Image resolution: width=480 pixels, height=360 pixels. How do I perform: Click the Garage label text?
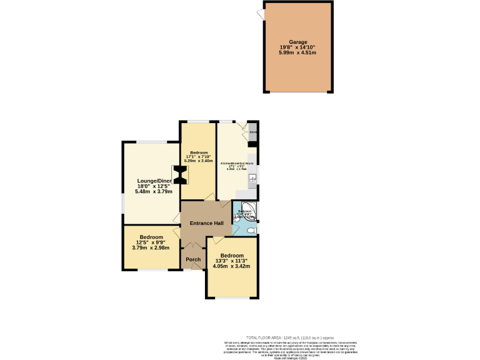click(x=297, y=42)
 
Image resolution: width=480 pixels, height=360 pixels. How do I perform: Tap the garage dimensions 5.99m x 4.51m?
click(x=297, y=52)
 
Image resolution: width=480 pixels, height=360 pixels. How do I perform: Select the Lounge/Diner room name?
click(x=154, y=181)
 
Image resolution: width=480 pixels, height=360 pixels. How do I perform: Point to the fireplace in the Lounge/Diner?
click(x=179, y=174)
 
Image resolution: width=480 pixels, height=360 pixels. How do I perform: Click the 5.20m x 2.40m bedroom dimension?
click(x=199, y=161)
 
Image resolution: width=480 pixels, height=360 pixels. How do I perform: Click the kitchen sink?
click(x=252, y=182)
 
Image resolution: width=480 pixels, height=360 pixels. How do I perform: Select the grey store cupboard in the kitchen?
click(x=253, y=132)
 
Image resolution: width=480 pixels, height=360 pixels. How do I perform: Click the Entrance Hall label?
click(x=207, y=223)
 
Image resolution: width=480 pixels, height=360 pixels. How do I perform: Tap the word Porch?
click(x=193, y=259)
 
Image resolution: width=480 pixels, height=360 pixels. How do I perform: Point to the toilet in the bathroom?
click(x=251, y=230)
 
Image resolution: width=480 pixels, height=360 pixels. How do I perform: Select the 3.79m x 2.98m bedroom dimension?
click(x=151, y=247)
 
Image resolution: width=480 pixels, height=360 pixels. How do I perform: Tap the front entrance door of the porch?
click(x=187, y=270)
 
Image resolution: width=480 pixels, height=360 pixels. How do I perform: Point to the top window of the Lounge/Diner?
click(x=151, y=142)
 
